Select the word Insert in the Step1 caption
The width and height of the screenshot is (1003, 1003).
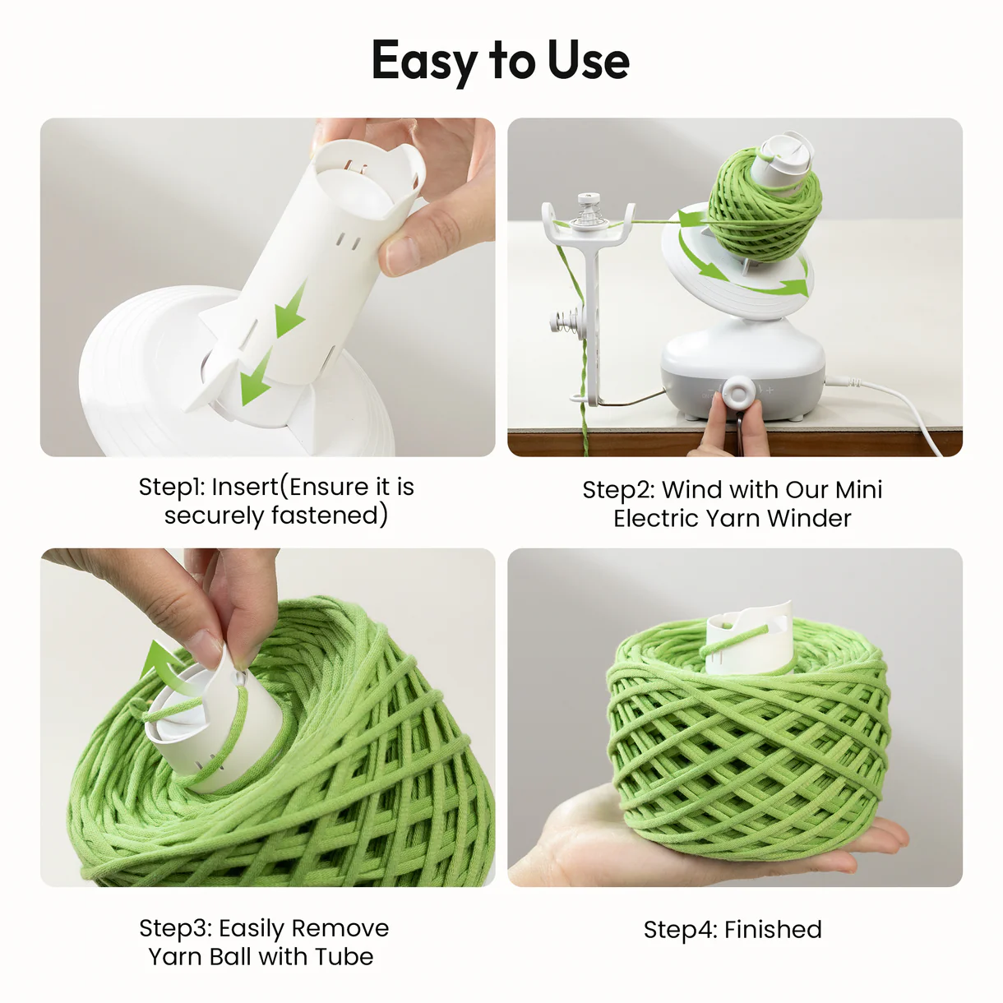(245, 487)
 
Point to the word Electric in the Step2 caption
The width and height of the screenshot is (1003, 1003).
(653, 518)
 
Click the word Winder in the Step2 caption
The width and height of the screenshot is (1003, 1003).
(809, 518)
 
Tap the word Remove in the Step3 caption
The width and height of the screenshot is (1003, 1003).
(340, 928)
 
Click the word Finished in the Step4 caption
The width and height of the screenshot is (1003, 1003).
(773, 930)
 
